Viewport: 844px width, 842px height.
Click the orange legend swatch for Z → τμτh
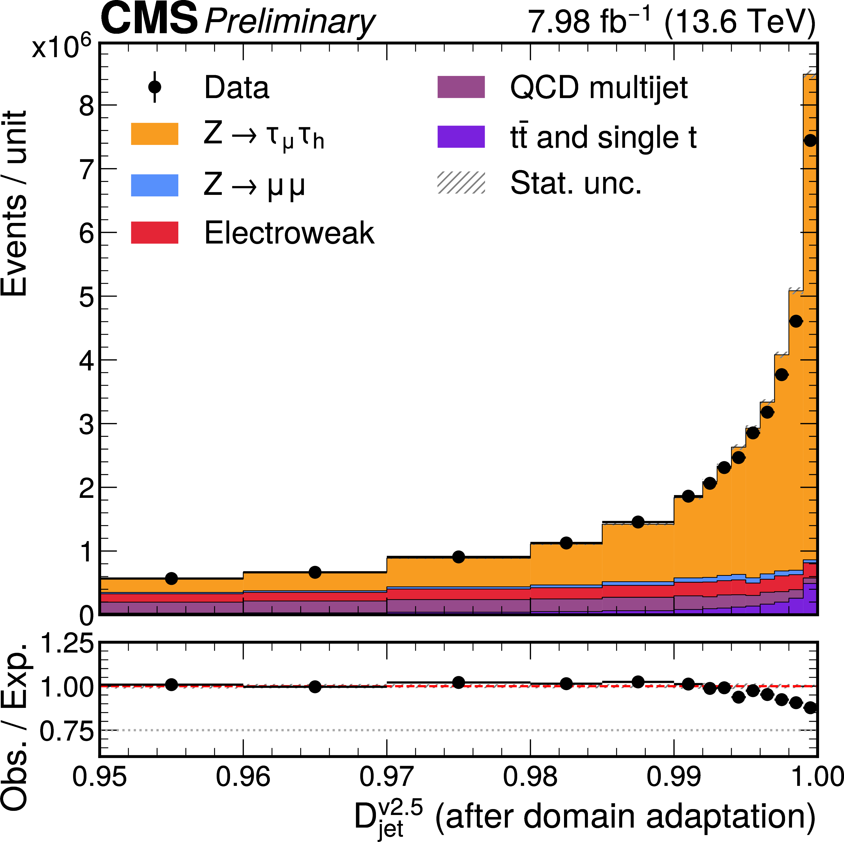coord(155,134)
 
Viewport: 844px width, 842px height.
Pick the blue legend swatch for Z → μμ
coord(155,185)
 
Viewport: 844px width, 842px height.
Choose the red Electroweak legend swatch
coord(155,232)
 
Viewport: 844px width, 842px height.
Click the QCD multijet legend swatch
coord(461,87)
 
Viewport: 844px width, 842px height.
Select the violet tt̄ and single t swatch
coord(461,137)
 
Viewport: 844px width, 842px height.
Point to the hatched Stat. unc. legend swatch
coord(461,183)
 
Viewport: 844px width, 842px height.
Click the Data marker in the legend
coord(155,87)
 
